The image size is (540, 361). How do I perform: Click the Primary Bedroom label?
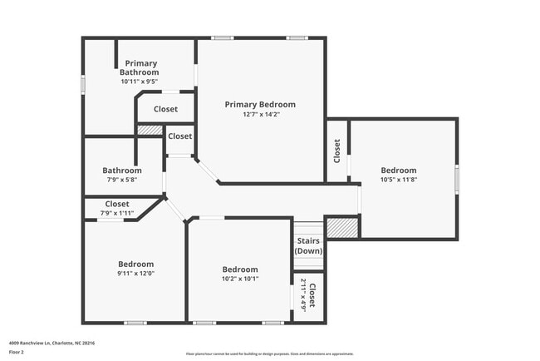260,104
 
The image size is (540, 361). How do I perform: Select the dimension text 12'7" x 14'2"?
260,114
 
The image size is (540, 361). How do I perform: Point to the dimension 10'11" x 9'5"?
140,82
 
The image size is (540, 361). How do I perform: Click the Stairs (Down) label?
308,245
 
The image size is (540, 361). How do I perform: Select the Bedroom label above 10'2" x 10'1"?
240,270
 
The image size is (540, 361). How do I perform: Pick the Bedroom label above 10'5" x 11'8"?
398,171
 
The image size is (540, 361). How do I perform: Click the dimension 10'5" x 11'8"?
398,180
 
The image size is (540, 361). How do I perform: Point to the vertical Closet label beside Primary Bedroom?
337,151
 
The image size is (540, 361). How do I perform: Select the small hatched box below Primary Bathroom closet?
150,130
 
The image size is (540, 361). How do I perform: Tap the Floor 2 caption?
18,351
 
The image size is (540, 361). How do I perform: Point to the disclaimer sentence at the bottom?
269,353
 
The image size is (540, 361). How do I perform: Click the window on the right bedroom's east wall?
457,180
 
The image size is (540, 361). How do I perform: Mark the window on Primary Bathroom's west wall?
82,85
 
